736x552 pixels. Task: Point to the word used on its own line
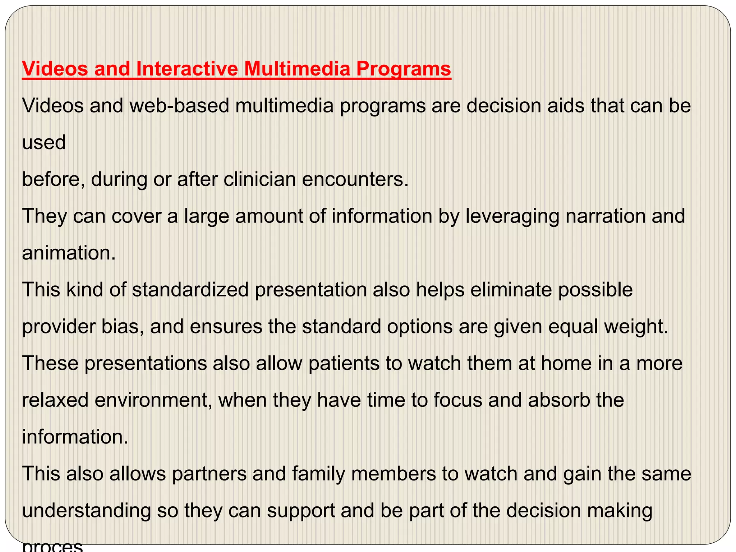44,143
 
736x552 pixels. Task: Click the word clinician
259,179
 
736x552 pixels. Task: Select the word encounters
355,179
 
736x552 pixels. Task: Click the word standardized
190,290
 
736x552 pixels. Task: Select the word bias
116,326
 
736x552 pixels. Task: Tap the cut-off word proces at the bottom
52,547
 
